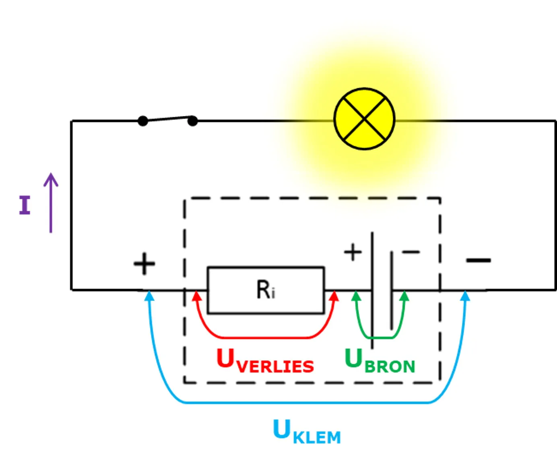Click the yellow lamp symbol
coord(364,119)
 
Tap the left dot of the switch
coord(143,121)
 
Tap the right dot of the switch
coord(193,121)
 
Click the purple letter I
coord(25,205)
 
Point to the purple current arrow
coord(51,203)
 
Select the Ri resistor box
coord(266,290)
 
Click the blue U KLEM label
coord(307,431)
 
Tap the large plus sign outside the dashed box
coord(144,264)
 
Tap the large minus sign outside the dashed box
coord(479,260)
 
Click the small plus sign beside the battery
coord(353,252)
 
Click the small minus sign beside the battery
coord(411,252)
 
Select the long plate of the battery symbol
coord(372,290)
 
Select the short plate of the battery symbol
coord(392,290)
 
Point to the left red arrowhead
coord(197,296)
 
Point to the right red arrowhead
coord(334,296)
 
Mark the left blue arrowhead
coord(149,296)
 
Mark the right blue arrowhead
coord(465,296)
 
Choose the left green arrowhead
coord(356,296)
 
